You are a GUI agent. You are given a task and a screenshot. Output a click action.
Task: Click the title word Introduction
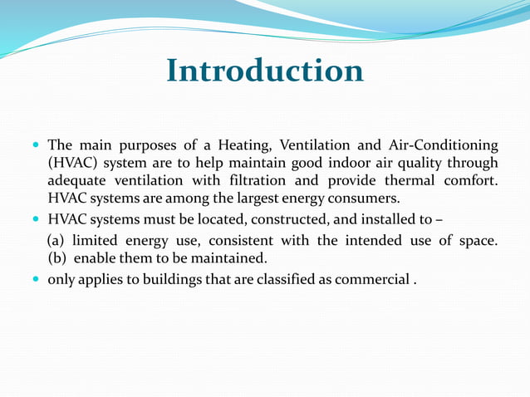[265, 71]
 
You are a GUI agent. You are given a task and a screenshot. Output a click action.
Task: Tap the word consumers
[366, 198]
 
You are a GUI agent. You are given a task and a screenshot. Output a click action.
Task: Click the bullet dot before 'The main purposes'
[36, 145]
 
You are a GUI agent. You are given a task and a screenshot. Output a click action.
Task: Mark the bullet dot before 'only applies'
[36, 280]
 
